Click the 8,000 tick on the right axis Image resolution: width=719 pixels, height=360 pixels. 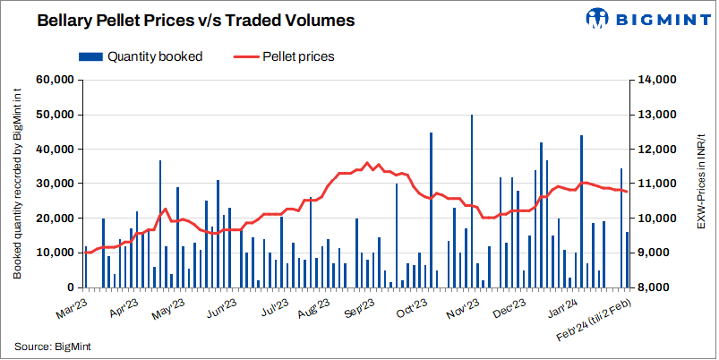click(653, 287)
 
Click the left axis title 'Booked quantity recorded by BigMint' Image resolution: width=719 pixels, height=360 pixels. click(17, 184)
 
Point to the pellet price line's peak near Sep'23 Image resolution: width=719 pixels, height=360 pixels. click(367, 163)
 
